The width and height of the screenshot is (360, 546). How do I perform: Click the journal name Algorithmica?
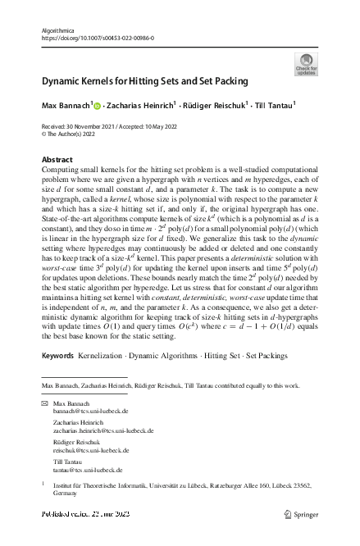click(57, 30)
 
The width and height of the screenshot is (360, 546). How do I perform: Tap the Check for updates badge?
click(305, 64)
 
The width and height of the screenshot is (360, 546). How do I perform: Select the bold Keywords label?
click(57, 380)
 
